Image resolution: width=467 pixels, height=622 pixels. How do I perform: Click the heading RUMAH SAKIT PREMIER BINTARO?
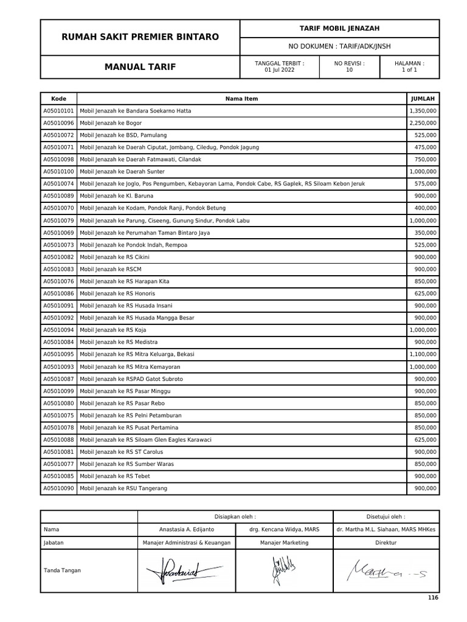coord(140,37)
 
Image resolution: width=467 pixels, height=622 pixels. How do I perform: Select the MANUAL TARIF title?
coord(140,67)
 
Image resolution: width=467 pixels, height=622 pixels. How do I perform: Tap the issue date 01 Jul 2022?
coord(280,70)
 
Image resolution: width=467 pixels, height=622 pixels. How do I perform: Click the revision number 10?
coord(349,70)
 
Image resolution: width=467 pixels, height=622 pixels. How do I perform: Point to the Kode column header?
coord(59,98)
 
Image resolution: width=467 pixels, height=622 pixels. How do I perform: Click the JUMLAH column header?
coord(423,98)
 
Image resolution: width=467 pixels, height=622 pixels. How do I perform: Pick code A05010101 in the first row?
coord(59,111)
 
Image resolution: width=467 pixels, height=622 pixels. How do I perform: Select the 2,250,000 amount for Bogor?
coord(423,123)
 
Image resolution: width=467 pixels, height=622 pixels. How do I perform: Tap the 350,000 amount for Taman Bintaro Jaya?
coord(426,233)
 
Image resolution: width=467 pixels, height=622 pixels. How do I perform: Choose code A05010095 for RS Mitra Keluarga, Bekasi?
coord(59,354)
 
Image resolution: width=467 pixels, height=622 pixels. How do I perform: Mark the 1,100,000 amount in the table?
coord(423,354)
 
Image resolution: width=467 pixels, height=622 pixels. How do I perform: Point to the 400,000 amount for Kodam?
coord(426,208)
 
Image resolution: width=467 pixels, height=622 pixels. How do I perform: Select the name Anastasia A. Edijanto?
coord(186,530)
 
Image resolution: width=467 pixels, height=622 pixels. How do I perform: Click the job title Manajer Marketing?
coord(284,542)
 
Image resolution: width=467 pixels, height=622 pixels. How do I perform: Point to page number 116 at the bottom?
coord(432,598)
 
